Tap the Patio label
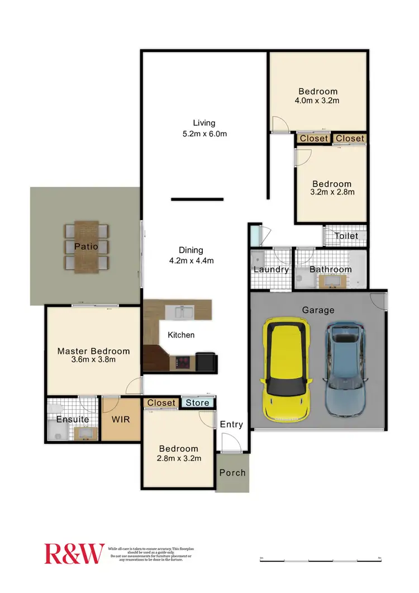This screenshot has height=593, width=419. point(87,246)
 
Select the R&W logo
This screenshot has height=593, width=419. point(74,553)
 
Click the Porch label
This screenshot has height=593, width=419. point(232,472)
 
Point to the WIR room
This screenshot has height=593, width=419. point(120,419)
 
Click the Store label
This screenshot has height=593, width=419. point(197,402)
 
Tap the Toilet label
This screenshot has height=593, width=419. point(346,236)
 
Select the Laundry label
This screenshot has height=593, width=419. point(271,269)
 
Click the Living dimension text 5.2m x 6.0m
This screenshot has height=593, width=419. point(204,134)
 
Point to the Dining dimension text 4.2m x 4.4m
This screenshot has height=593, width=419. point(191,260)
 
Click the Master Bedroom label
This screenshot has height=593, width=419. point(93,351)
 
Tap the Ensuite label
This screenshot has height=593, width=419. point(72,419)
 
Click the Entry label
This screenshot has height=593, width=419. point(231,424)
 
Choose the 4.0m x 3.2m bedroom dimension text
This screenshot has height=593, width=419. point(318,101)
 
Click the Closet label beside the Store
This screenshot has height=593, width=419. point(161,402)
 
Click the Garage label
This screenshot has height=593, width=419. point(318,310)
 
